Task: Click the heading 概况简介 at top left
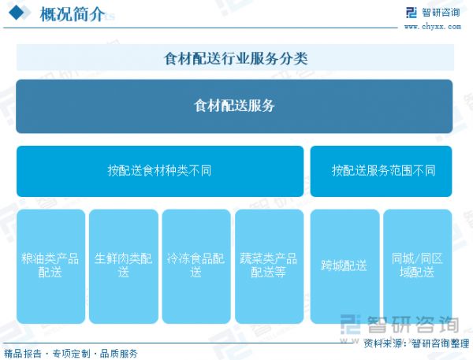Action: [72, 14]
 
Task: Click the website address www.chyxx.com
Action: [432, 26]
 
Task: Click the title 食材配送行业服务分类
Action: [235, 58]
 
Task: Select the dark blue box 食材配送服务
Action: [234, 106]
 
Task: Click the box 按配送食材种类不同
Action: [159, 170]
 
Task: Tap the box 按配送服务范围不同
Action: [383, 170]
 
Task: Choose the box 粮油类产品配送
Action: [50, 265]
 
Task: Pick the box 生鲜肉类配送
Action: [124, 265]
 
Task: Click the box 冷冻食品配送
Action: [196, 265]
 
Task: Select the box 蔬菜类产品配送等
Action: [269, 265]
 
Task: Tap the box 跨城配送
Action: [345, 265]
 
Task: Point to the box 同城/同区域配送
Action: [418, 265]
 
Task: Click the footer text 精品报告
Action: [23, 353]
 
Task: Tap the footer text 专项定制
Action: [71, 353]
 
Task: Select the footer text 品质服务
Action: [119, 353]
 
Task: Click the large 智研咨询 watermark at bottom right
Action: [398, 325]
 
